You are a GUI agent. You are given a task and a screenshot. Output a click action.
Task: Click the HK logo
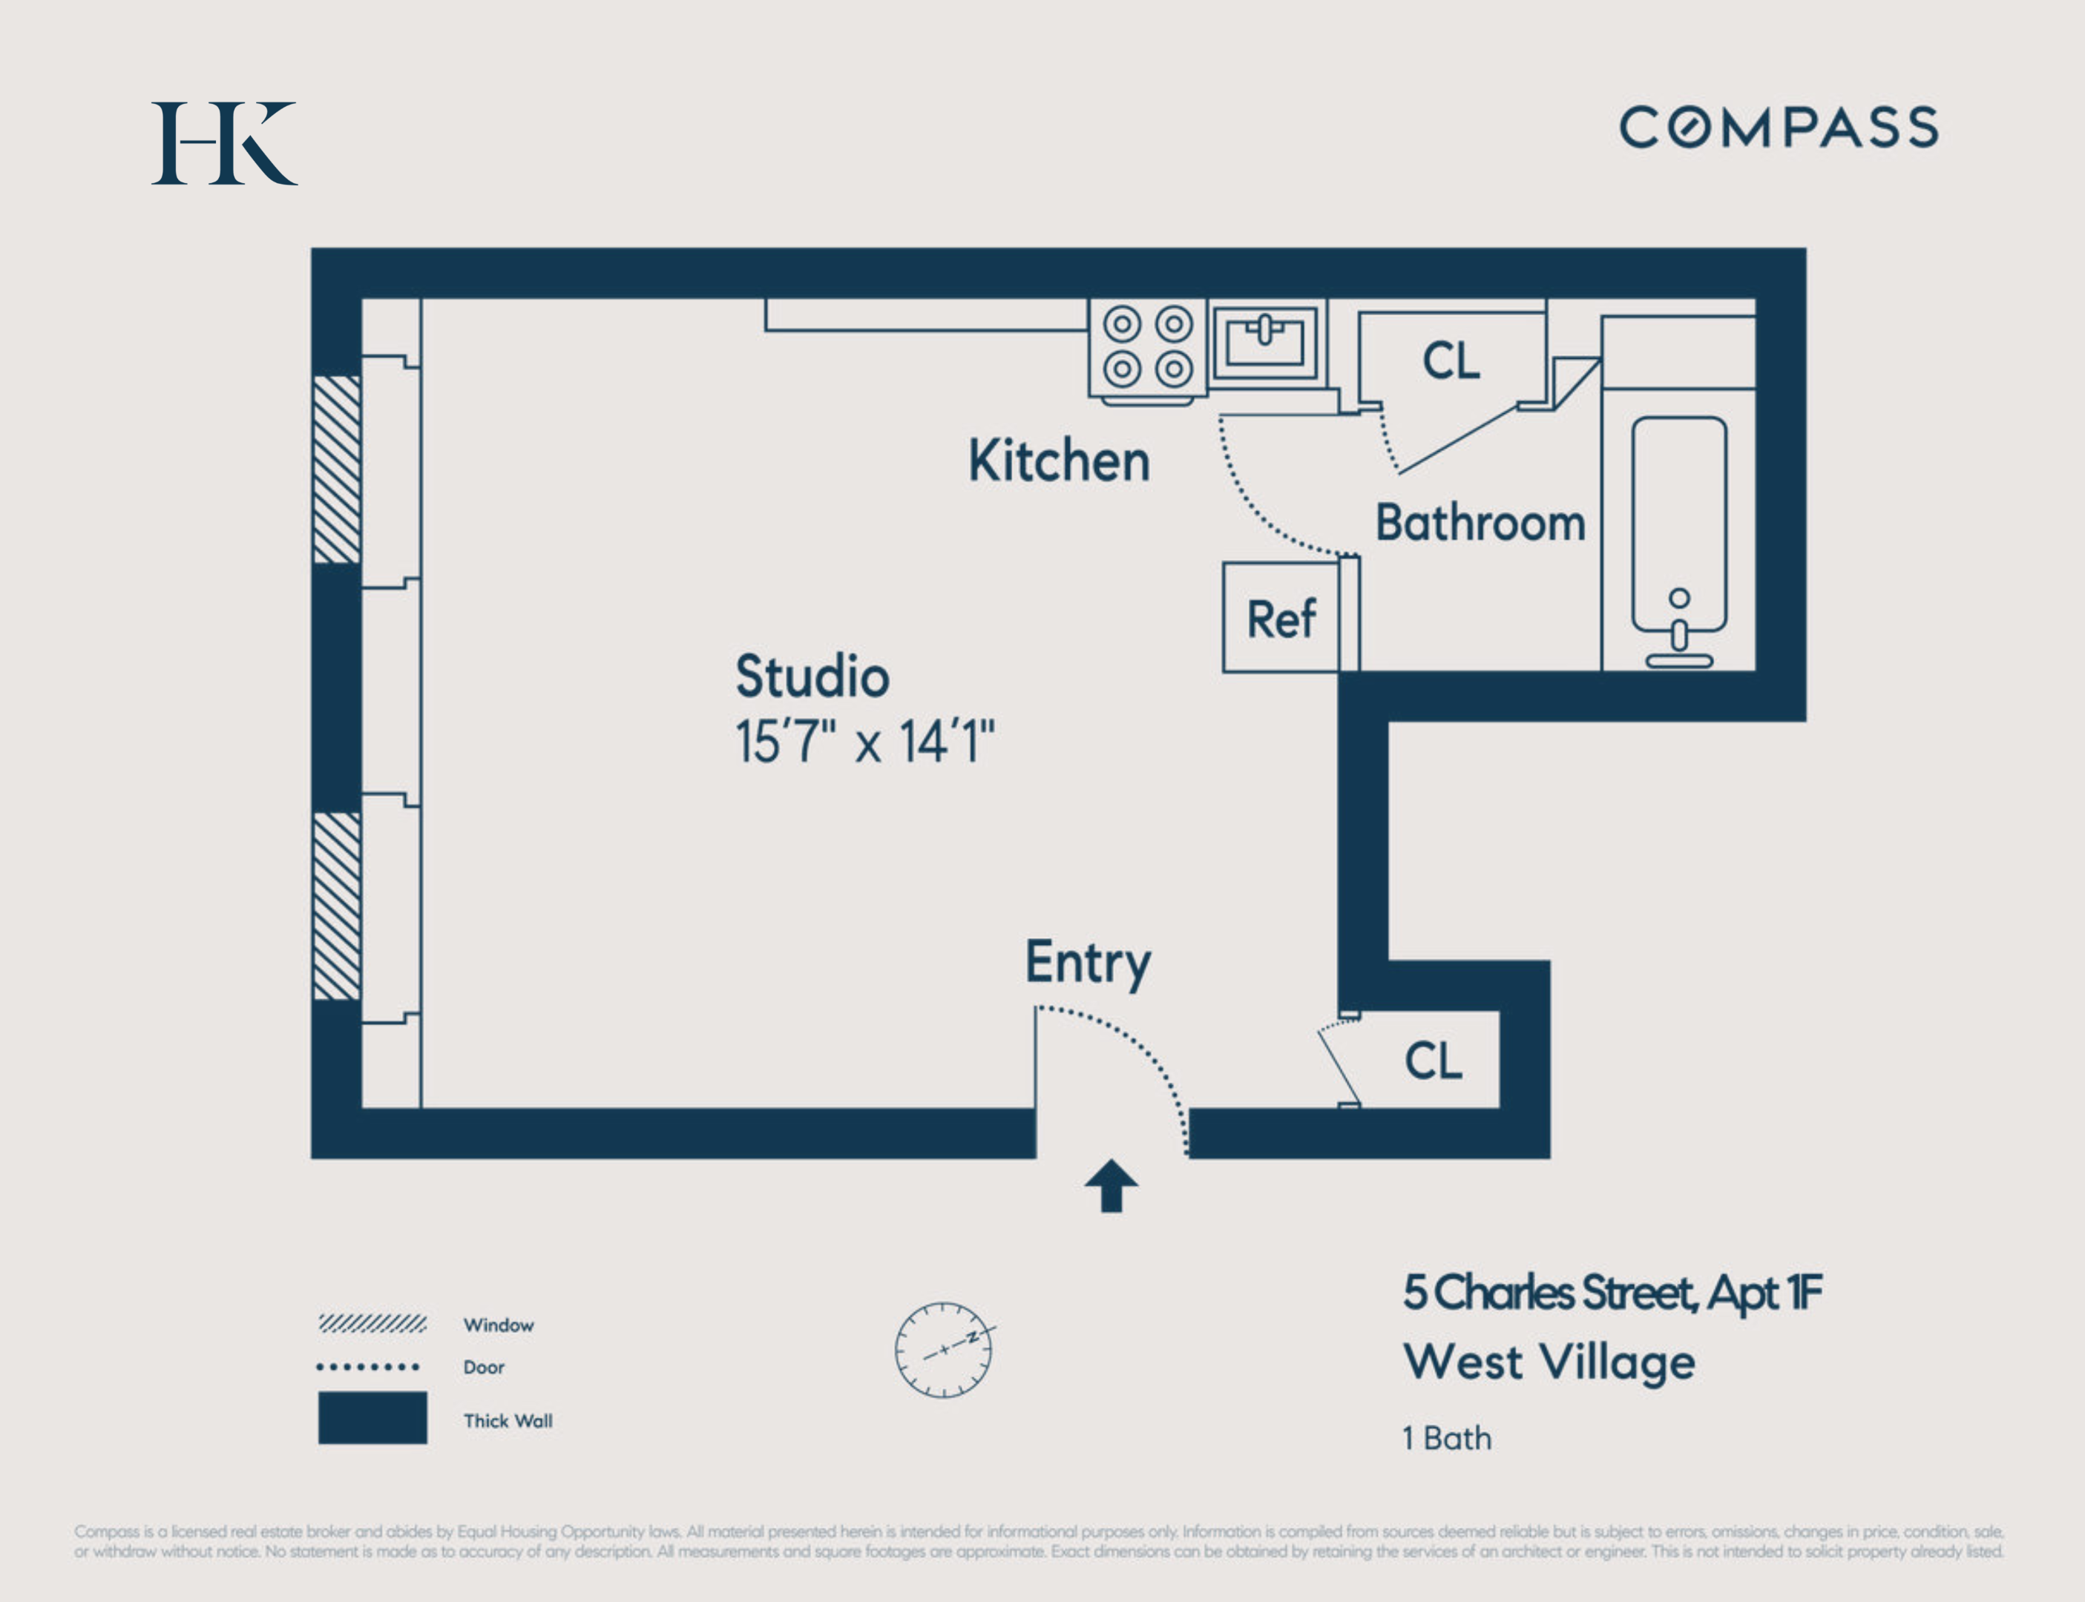[224, 143]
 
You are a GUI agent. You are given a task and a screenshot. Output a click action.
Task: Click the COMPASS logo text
[1778, 128]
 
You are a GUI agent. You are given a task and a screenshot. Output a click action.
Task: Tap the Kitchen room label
[1059, 461]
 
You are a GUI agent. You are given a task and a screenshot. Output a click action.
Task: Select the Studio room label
[812, 677]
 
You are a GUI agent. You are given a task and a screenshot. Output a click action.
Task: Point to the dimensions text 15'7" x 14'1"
[864, 742]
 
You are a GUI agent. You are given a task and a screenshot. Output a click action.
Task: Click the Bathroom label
[1480, 524]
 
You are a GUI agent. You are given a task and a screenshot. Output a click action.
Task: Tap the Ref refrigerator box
[1281, 618]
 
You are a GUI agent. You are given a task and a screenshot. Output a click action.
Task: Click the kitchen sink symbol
[1265, 341]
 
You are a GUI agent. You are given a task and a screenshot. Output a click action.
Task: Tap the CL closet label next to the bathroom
[1451, 360]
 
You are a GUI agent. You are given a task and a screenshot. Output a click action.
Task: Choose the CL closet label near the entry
[1433, 1061]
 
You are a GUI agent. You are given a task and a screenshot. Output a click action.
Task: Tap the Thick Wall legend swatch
[372, 1418]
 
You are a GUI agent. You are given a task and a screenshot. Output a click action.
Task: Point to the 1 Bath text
[1446, 1438]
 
